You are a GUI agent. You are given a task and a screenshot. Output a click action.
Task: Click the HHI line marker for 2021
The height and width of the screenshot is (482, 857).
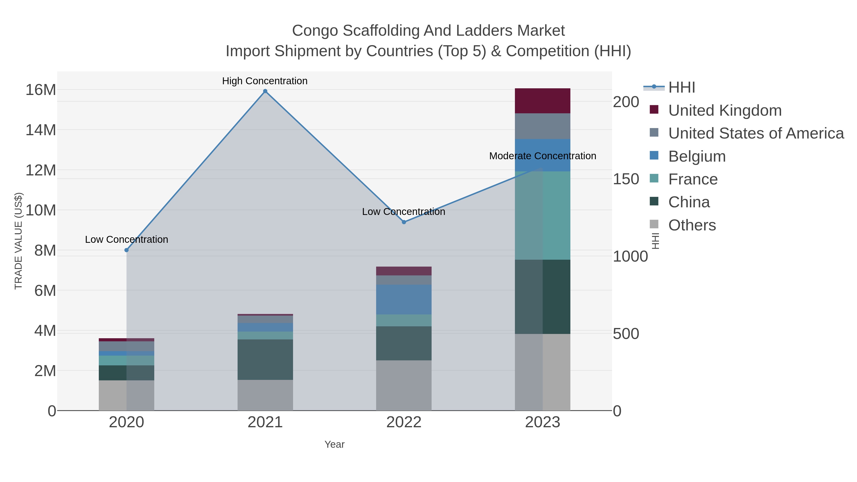pos(265,91)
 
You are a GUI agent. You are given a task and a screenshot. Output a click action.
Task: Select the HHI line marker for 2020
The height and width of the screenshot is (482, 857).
pos(126,250)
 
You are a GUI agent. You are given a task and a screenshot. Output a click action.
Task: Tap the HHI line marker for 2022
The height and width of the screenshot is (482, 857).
pos(404,222)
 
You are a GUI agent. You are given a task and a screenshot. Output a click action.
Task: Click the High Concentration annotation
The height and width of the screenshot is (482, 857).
pos(265,81)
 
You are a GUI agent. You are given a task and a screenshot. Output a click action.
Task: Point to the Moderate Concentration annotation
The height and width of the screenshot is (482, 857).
pos(543,156)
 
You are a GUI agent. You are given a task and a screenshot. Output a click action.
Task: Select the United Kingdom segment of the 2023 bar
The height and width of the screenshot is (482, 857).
pos(543,101)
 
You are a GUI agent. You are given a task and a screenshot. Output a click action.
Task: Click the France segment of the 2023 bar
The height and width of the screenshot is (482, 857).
pos(543,216)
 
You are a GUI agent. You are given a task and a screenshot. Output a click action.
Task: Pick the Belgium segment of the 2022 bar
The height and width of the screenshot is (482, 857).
pos(404,299)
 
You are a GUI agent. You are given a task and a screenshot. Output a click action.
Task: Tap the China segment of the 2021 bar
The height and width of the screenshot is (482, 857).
pos(265,360)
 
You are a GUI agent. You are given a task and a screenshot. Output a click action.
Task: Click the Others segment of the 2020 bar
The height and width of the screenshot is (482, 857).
pos(126,396)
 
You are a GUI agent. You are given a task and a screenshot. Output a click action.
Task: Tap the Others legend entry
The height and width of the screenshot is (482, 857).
pos(692,225)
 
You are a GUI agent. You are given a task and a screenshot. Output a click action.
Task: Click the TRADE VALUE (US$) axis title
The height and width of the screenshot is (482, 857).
pos(19,241)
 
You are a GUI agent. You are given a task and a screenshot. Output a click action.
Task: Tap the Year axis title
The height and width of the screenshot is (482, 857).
pos(334,444)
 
